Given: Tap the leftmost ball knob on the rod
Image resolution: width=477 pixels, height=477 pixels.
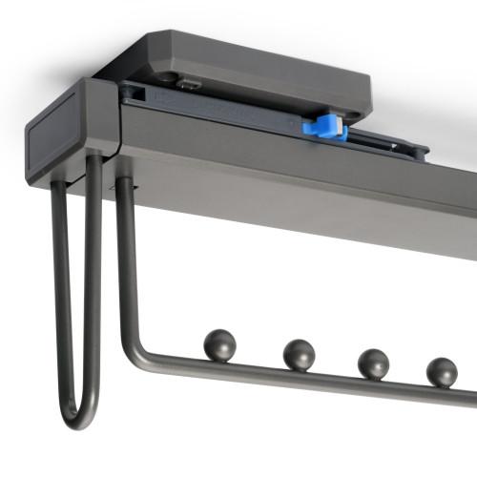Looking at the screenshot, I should pyautogui.click(x=218, y=343).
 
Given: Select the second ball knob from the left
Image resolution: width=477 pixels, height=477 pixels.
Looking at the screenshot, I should pyautogui.click(x=298, y=354).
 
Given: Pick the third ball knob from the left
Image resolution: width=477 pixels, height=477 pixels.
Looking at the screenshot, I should pyautogui.click(x=372, y=363).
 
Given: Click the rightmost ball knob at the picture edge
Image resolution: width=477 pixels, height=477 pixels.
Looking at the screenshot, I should pyautogui.click(x=441, y=371).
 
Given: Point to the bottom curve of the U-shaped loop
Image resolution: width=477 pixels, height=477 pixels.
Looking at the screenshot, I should pyautogui.click(x=78, y=418).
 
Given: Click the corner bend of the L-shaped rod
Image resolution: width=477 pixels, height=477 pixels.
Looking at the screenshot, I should pyautogui.click(x=136, y=347).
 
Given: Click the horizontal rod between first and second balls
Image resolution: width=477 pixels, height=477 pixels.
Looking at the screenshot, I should pyautogui.click(x=258, y=366).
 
